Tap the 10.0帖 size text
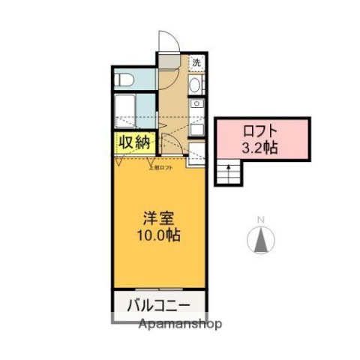coord(158,234)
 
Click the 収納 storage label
coord(134,141)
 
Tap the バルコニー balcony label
coord(158,306)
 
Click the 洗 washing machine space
coord(196,63)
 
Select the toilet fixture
coord(124,78)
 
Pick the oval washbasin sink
coord(196,86)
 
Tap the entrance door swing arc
coord(169,41)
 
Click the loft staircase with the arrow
coord(226,173)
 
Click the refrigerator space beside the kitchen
coord(196,157)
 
